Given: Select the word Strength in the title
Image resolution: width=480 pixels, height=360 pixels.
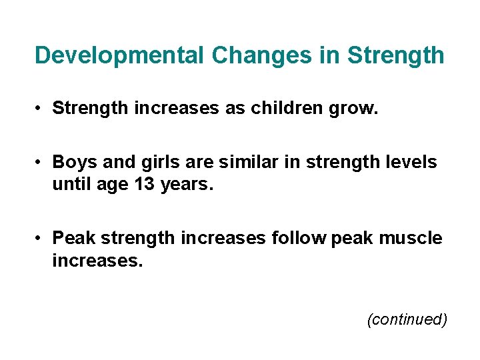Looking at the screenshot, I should [396, 55].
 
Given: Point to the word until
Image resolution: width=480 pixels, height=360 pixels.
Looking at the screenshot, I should [71, 183].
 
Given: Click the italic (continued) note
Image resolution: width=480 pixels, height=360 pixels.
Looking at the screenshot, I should [407, 319].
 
